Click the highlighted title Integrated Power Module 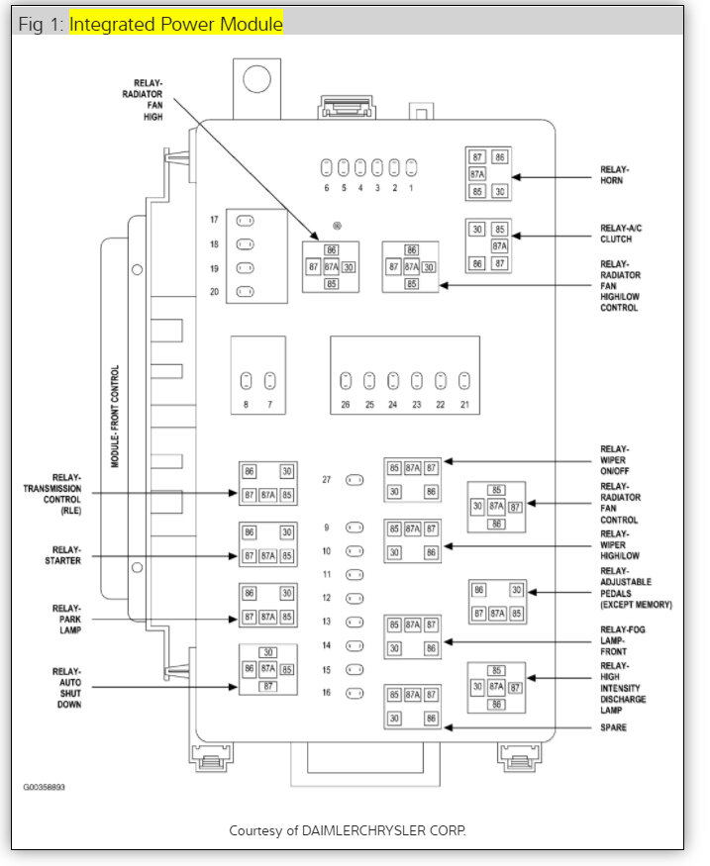pyautogui.click(x=175, y=24)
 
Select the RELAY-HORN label pyautogui.click(x=614, y=174)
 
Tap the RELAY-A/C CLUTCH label pyautogui.click(x=619, y=234)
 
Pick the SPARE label pyautogui.click(x=615, y=727)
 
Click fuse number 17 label pyautogui.click(x=214, y=220)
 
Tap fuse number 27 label pyautogui.click(x=326, y=480)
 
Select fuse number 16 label pyautogui.click(x=326, y=693)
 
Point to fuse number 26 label pyautogui.click(x=345, y=404)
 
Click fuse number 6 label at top pyautogui.click(x=326, y=187)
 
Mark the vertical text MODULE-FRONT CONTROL pyautogui.click(x=115, y=417)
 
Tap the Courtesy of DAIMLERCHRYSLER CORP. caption pyautogui.click(x=347, y=829)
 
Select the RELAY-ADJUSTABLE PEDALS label pyautogui.click(x=635, y=587)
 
